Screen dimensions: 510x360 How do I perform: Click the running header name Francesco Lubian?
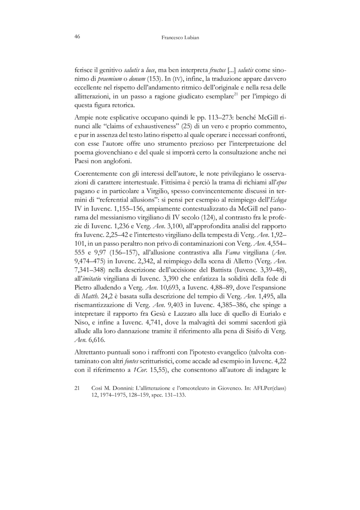coord(180,38)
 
